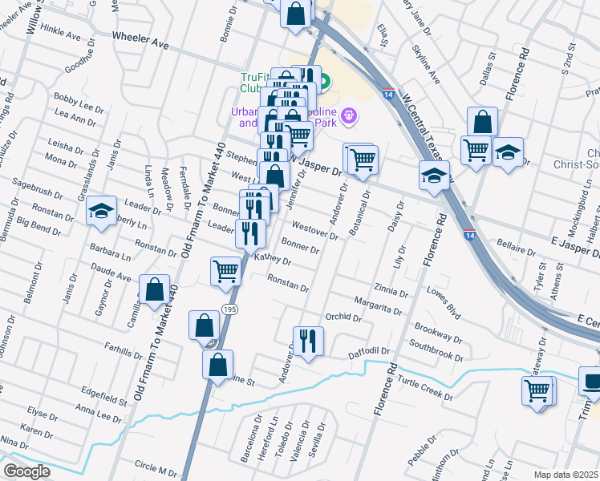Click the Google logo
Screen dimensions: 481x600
(x=26, y=471)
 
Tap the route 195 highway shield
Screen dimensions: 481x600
(x=229, y=309)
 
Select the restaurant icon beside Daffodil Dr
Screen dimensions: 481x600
(x=308, y=342)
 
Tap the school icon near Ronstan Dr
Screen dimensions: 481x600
(x=102, y=212)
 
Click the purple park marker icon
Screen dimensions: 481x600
(x=348, y=117)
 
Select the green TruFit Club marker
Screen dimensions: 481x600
(x=325, y=81)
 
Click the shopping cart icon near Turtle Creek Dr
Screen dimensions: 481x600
(x=537, y=391)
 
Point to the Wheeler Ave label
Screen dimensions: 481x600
(x=140, y=42)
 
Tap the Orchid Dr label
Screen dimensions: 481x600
(x=343, y=317)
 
